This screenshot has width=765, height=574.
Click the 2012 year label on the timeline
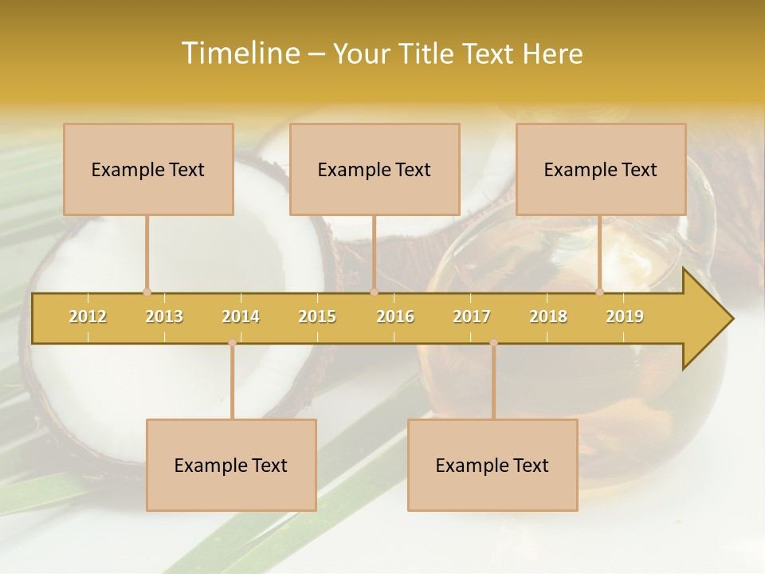[88, 316]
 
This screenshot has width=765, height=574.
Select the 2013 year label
[164, 316]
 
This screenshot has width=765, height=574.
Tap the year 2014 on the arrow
[241, 316]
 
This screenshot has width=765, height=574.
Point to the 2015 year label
[317, 316]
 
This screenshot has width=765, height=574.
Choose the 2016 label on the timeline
[395, 316]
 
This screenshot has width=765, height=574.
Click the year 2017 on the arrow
[472, 316]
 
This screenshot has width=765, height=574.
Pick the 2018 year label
[548, 316]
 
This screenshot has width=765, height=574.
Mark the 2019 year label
[625, 316]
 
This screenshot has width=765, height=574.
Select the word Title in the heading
[428, 53]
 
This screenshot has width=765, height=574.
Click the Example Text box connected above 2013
[148, 169]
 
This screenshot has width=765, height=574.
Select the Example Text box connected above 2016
[375, 169]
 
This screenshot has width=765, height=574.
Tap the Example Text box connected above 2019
[601, 169]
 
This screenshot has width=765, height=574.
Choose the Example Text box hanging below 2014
[231, 465]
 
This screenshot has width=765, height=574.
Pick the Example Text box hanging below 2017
[492, 465]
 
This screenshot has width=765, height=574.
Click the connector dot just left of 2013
[147, 292]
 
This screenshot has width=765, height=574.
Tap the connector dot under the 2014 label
[232, 343]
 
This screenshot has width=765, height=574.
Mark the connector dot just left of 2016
[374, 292]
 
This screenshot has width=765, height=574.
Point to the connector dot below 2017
[493, 343]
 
